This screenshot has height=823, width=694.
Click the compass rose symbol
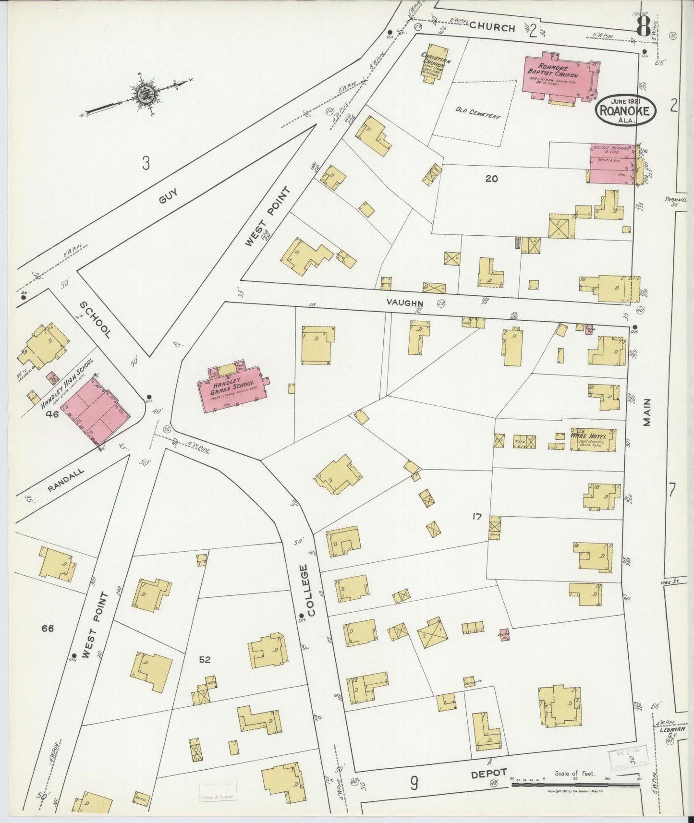tap(143, 95)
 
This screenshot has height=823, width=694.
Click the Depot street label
tap(488, 773)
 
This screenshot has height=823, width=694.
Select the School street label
tap(95, 319)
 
